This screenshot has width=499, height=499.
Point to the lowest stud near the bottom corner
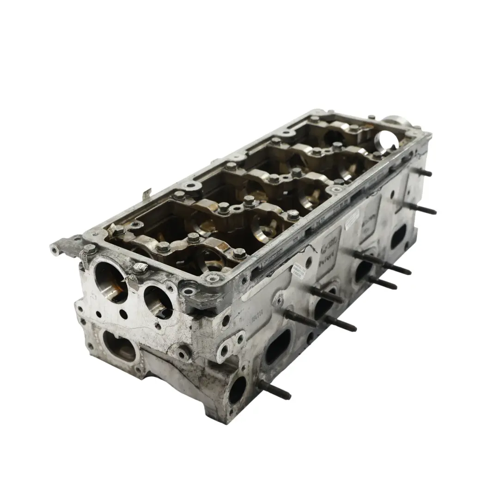pyautogui.click(x=274, y=391)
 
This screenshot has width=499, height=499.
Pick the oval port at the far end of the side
pyautogui.click(x=398, y=237)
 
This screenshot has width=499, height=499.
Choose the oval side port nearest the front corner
pyautogui.click(x=277, y=347)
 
